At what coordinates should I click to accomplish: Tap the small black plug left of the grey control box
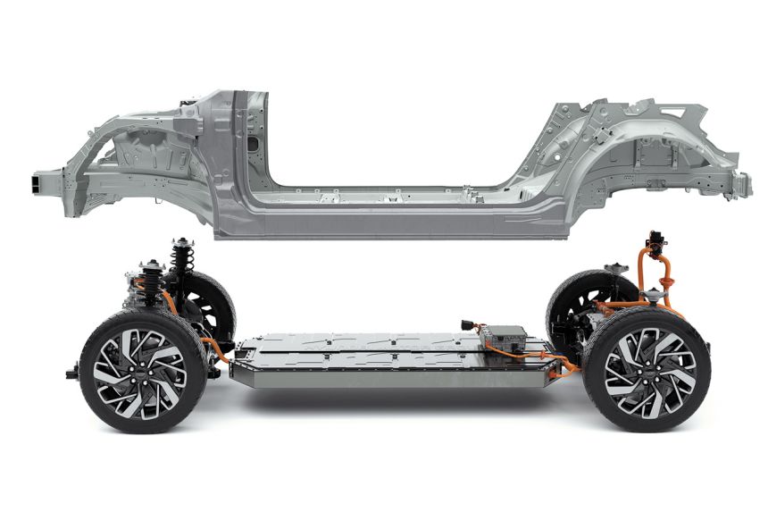(468, 325)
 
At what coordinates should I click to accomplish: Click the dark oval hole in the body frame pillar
(254, 142)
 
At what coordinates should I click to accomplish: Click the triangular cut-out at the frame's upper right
(674, 112)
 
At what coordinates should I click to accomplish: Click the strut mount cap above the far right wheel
(615, 267)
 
